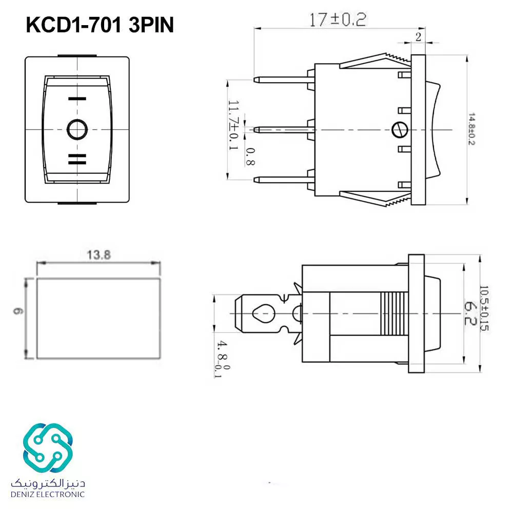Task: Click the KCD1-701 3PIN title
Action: click(100, 25)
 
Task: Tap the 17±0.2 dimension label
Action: click(338, 19)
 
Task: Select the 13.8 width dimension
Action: click(98, 254)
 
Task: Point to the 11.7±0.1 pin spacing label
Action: click(233, 125)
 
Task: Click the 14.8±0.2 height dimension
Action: click(471, 129)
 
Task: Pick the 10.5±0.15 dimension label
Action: click(484, 308)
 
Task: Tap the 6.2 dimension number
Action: click(470, 313)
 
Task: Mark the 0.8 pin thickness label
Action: click(250, 156)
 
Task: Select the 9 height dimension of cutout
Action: click(18, 310)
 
